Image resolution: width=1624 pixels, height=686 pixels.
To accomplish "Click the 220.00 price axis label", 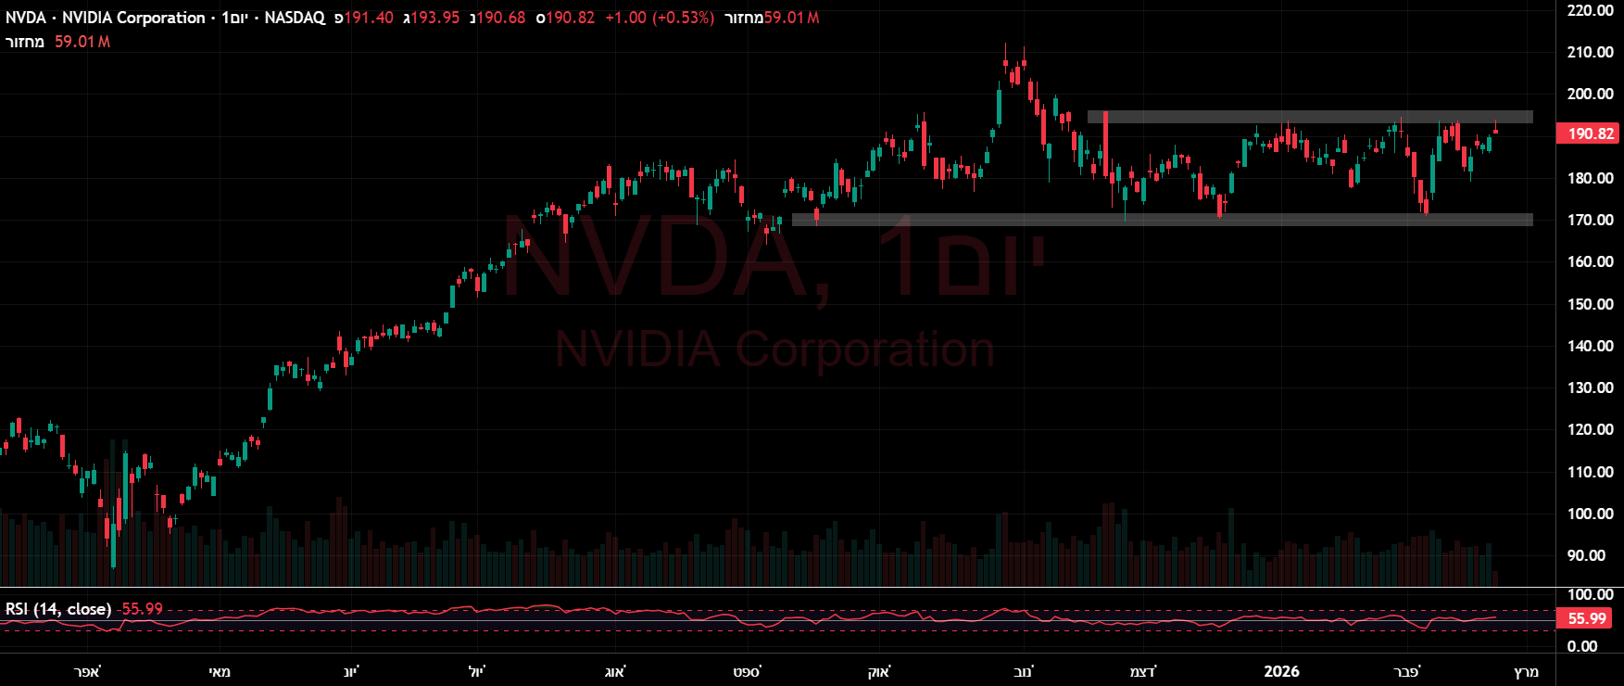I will pyautogui.click(x=1590, y=10).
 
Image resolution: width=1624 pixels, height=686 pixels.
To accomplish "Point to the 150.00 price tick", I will pyautogui.click(x=1590, y=304).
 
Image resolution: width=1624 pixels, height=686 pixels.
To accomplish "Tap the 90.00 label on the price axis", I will pyautogui.click(x=1586, y=555).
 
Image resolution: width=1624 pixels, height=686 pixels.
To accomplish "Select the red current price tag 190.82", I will pyautogui.click(x=1591, y=133).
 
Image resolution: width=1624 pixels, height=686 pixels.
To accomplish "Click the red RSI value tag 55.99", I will pyautogui.click(x=1587, y=618).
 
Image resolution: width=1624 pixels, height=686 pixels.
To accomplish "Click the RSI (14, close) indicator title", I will pyautogui.click(x=58, y=609).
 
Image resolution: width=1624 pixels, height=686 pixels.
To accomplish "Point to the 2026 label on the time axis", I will pyautogui.click(x=1281, y=671).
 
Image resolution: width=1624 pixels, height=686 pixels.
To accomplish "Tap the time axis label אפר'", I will pyautogui.click(x=87, y=671).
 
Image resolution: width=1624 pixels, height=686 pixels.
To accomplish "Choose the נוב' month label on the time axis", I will pyautogui.click(x=1023, y=671).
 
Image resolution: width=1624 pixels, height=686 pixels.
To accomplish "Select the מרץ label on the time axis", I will pyautogui.click(x=1526, y=671).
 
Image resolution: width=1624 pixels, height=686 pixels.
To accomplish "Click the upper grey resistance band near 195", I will pyautogui.click(x=1310, y=117).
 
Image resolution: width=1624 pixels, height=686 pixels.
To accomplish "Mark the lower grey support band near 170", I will pyautogui.click(x=1162, y=220).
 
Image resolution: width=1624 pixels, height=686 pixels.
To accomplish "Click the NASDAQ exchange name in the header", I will pyautogui.click(x=295, y=18).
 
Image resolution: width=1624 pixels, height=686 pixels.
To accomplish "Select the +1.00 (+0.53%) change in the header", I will pyautogui.click(x=659, y=18).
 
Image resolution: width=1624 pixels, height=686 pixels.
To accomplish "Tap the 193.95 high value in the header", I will pyautogui.click(x=434, y=18).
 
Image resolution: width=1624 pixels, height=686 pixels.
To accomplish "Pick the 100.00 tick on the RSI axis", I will pyautogui.click(x=1590, y=594).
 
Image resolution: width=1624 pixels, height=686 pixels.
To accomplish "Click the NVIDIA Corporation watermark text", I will pyautogui.click(x=774, y=349).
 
